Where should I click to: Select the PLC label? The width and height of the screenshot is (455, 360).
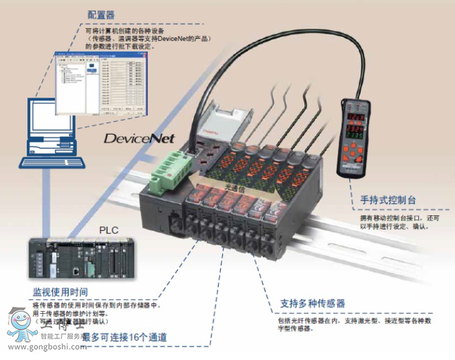[x=109, y=230]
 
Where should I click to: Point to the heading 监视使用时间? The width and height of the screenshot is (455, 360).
[x=60, y=292]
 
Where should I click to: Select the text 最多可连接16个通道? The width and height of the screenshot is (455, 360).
[x=124, y=337]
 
